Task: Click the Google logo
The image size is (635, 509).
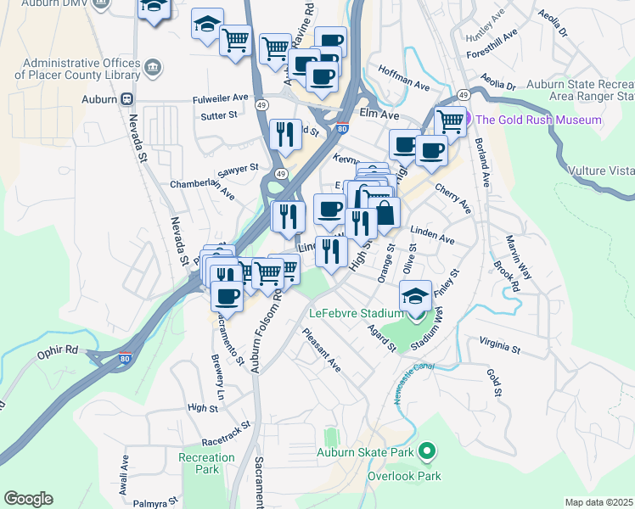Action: point(28,499)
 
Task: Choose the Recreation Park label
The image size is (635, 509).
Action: point(206,463)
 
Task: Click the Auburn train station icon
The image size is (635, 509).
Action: point(128,98)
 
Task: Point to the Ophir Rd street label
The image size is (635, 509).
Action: point(57,350)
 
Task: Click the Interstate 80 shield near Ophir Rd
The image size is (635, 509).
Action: point(125,359)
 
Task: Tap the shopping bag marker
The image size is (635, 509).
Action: point(385,212)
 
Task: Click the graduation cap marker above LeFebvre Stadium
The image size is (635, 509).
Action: point(415,295)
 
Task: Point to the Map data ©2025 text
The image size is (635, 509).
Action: point(598,502)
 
